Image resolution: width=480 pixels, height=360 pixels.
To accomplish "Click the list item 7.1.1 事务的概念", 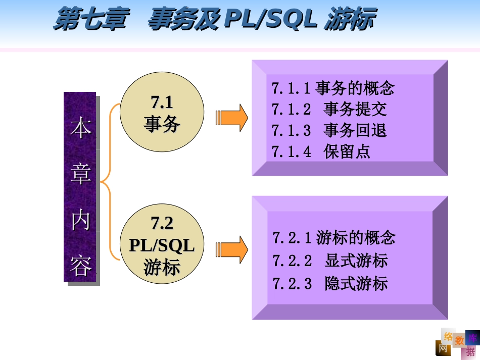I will click(x=332, y=88).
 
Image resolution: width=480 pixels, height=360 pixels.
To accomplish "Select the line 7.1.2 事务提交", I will click(x=329, y=110).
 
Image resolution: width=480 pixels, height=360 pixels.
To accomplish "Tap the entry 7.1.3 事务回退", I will click(x=329, y=130).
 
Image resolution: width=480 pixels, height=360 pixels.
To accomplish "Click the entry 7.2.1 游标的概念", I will click(x=333, y=237).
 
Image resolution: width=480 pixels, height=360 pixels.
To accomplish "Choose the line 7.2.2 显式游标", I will click(x=330, y=261).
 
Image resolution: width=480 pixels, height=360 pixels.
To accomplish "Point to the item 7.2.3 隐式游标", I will click(x=330, y=283).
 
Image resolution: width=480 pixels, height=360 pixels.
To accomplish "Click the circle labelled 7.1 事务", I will click(x=162, y=112).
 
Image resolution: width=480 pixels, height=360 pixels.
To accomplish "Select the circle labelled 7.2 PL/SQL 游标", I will click(x=162, y=245).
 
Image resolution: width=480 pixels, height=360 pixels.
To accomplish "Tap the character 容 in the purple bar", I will click(x=80, y=266).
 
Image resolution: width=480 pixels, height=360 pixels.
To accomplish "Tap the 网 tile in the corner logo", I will click(x=443, y=348).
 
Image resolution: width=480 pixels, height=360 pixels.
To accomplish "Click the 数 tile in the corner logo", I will click(x=459, y=341).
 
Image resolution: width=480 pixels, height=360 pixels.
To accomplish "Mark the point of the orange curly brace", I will click(x=102, y=181).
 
